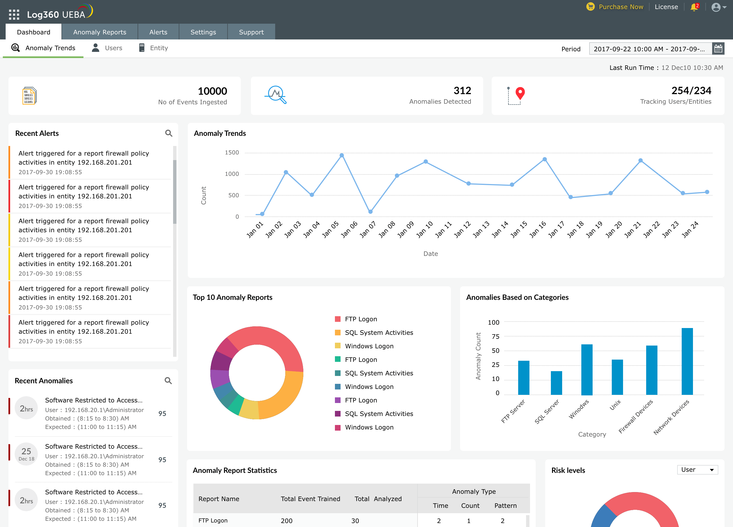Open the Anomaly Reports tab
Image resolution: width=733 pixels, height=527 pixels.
pyautogui.click(x=100, y=32)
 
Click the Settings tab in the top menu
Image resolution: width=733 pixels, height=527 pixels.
pyautogui.click(x=203, y=32)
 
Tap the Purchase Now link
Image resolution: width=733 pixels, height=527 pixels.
pyautogui.click(x=621, y=7)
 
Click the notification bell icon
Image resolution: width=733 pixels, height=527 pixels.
pyautogui.click(x=694, y=7)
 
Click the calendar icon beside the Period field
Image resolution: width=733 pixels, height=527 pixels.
pyautogui.click(x=718, y=49)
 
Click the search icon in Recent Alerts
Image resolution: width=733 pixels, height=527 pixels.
pyautogui.click(x=168, y=133)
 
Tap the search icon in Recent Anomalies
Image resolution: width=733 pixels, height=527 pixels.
pyautogui.click(x=168, y=381)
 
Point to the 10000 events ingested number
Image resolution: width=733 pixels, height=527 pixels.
pyautogui.click(x=212, y=91)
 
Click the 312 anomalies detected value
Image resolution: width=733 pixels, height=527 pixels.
pyautogui.click(x=462, y=90)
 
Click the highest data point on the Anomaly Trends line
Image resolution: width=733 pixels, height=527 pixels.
pyautogui.click(x=342, y=155)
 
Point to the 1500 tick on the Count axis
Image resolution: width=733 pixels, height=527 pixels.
pyautogui.click(x=232, y=152)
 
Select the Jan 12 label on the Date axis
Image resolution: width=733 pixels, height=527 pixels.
pyautogui.click(x=462, y=229)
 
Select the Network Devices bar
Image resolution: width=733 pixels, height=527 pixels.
pyautogui.click(x=687, y=361)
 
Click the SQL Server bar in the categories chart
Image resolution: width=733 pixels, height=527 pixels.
pyautogui.click(x=556, y=383)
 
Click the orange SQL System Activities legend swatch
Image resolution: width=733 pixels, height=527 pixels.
pyautogui.click(x=338, y=333)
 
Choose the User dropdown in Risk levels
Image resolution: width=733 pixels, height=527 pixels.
pyautogui.click(x=697, y=470)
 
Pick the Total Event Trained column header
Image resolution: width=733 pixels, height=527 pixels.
pyautogui.click(x=310, y=499)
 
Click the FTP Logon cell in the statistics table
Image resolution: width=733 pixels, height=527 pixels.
pyautogui.click(x=213, y=521)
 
